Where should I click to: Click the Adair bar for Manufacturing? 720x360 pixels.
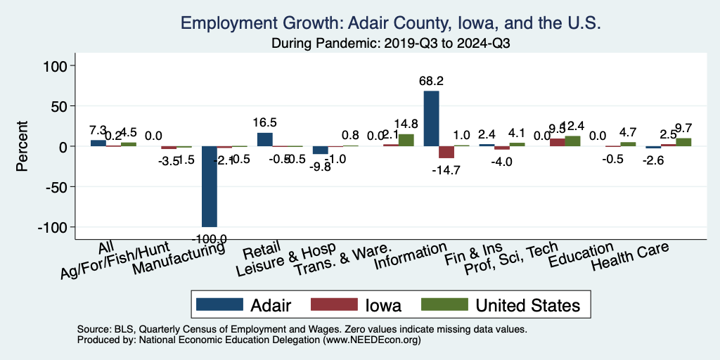tap(210, 186)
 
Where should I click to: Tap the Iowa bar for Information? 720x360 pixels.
tap(446, 152)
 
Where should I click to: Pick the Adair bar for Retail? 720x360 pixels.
tap(264, 139)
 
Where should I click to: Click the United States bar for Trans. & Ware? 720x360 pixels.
tap(406, 140)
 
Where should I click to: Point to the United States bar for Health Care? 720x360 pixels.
tap(683, 142)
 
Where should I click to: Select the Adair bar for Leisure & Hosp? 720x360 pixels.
tap(320, 150)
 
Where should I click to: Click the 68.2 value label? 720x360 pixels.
tap(431, 82)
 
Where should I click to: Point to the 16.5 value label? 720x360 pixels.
tap(264, 122)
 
